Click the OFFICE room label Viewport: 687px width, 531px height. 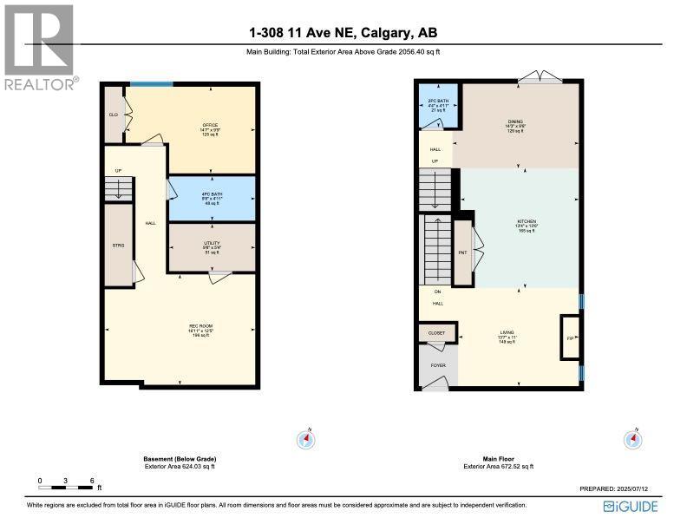click(x=209, y=126)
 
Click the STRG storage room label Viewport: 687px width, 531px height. click(x=119, y=246)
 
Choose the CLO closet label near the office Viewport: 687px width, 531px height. click(x=113, y=115)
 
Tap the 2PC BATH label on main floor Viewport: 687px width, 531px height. click(x=436, y=102)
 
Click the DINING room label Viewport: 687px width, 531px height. click(x=516, y=122)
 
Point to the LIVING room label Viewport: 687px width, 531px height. click(x=507, y=332)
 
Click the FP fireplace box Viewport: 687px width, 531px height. click(x=570, y=338)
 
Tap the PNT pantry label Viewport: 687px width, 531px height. click(x=462, y=253)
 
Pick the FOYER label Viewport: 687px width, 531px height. click(x=438, y=366)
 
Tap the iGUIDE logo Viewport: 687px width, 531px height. click(x=629, y=507)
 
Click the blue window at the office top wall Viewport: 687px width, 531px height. click(x=151, y=84)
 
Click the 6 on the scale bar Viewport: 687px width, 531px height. click(x=91, y=480)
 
